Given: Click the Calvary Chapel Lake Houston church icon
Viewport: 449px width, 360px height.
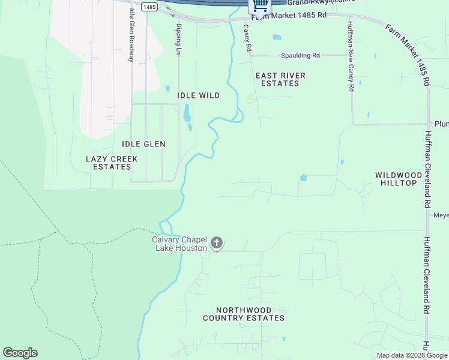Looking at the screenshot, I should click(217, 243).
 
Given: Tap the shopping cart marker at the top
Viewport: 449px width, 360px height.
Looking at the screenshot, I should click(260, 5).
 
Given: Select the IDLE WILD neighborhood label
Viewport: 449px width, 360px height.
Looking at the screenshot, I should click(198, 95).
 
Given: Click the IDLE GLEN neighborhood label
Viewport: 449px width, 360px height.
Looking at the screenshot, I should click(143, 144).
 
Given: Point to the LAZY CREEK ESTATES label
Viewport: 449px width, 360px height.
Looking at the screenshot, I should click(112, 163).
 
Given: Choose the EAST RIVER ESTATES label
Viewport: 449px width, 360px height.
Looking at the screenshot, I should click(280, 79).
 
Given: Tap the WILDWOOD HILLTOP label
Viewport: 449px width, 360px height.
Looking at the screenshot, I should click(396, 179).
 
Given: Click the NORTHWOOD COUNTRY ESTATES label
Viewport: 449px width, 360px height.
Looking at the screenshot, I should click(243, 314).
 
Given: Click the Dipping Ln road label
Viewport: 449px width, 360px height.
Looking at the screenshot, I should click(178, 39).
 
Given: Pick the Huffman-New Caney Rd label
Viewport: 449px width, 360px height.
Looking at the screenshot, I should click(350, 56).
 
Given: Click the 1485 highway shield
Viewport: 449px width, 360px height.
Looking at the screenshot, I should click(150, 6).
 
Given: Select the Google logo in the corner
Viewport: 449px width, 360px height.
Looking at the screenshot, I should click(20, 353).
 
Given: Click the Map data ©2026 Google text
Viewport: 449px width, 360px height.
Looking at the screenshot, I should click(412, 355).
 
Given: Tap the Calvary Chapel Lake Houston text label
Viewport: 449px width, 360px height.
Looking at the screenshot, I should click(180, 244).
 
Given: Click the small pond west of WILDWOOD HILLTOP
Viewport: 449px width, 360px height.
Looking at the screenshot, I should click(303, 178).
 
